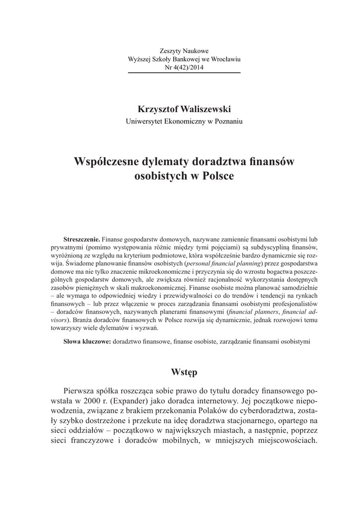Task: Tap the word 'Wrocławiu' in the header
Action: [x=225, y=60]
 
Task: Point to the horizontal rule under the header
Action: [x=184, y=73]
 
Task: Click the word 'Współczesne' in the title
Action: [x=106, y=162]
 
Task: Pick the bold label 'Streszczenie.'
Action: [x=82, y=239]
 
